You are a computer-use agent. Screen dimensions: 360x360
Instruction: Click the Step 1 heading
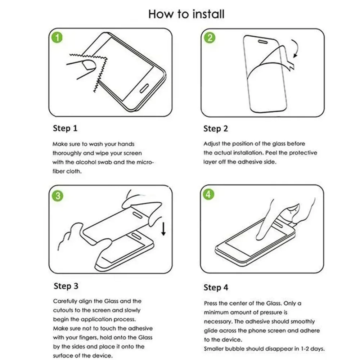click(x=65, y=129)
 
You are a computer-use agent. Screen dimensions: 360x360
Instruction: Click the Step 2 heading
click(x=216, y=129)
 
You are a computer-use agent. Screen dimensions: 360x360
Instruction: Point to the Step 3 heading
click(x=66, y=286)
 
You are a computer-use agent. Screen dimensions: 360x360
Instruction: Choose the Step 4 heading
click(x=216, y=287)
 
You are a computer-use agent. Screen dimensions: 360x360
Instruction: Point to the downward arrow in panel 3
click(x=163, y=229)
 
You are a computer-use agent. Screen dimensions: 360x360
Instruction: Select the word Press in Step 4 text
click(x=211, y=303)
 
